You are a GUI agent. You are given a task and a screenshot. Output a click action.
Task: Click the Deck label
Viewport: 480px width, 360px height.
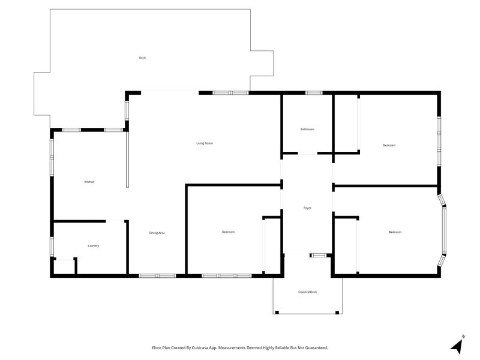point(142,58)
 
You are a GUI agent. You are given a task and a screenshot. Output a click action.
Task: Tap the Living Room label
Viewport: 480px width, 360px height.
point(205,143)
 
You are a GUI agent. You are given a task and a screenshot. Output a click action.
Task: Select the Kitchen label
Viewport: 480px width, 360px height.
point(89,182)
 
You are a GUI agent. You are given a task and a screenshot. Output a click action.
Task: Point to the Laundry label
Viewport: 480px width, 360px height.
point(94,246)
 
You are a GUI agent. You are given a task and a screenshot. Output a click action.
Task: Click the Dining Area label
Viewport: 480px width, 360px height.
point(157,233)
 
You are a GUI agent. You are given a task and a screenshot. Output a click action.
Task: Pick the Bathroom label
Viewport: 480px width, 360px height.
point(307,129)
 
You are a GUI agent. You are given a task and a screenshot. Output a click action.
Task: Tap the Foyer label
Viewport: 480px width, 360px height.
point(307,208)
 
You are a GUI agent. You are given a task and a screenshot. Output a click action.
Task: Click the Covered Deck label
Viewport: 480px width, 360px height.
point(308,292)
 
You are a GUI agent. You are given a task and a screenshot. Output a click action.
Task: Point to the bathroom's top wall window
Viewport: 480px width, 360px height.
point(314,93)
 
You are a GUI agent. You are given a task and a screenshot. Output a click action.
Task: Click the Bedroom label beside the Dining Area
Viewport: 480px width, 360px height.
point(229,232)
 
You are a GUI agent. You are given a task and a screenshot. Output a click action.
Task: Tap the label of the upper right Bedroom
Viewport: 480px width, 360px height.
point(389,145)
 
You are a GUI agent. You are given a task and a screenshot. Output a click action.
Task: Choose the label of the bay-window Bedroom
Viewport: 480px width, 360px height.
point(395,232)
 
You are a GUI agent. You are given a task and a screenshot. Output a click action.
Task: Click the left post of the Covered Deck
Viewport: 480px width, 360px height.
point(277,313)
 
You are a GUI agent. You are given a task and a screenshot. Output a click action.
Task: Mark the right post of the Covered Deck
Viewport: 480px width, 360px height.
point(337,313)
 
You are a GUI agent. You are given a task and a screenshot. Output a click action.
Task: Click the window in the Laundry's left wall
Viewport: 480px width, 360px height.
point(52,247)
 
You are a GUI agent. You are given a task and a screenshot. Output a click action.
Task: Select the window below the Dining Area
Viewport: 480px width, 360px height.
point(158,276)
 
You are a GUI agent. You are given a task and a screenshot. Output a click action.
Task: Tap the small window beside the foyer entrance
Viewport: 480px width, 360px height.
point(319,255)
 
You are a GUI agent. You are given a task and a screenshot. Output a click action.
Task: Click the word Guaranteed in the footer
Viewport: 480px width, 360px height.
point(319,348)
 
